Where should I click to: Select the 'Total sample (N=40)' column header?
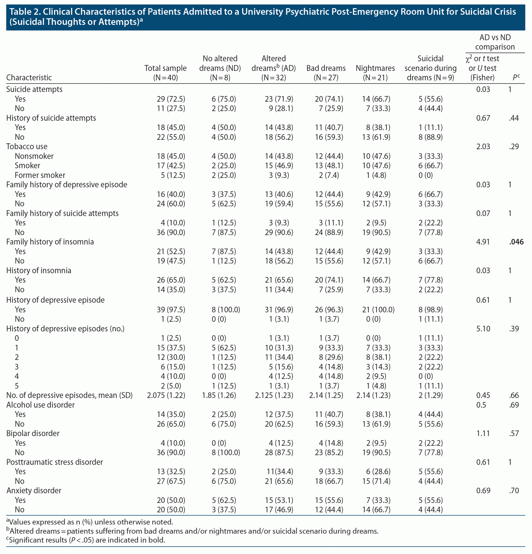pos(165,73)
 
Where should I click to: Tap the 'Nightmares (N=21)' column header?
pos(375,73)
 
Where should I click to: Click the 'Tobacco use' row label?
pos(27,146)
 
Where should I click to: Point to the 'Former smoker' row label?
pos(40,175)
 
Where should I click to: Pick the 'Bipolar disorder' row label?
pos(33,433)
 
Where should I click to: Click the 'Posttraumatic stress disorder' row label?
pos(55,462)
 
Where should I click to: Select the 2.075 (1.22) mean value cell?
pos(166,395)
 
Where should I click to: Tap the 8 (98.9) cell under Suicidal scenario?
pos(431,309)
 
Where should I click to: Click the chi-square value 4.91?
pos(483,242)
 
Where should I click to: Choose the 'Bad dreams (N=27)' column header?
pos(326,73)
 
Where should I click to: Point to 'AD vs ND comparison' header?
pos(495,42)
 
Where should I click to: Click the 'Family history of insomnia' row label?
pos(50,242)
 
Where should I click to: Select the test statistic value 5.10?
pos(483,329)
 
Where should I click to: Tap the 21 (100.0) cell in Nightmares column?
pos(378,309)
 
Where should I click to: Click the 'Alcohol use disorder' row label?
pos(40,405)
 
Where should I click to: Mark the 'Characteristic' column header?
pos(29,77)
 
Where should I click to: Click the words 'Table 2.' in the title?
pos(25,12)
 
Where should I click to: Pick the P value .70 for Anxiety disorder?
pos(514,490)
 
